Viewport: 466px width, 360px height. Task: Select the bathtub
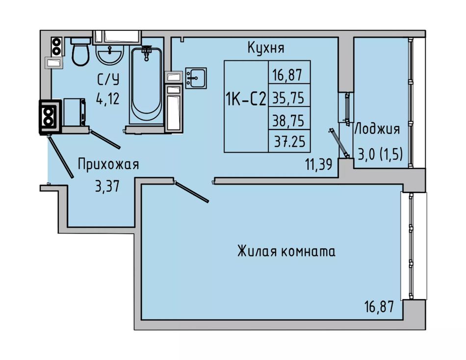coord(146,86)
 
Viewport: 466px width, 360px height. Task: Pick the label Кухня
coord(266,48)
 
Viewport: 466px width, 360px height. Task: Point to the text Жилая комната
coord(286,252)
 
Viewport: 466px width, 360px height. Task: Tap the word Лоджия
coord(377,129)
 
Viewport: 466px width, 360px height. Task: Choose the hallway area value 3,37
coord(108,186)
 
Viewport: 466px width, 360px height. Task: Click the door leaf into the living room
coord(192,192)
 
